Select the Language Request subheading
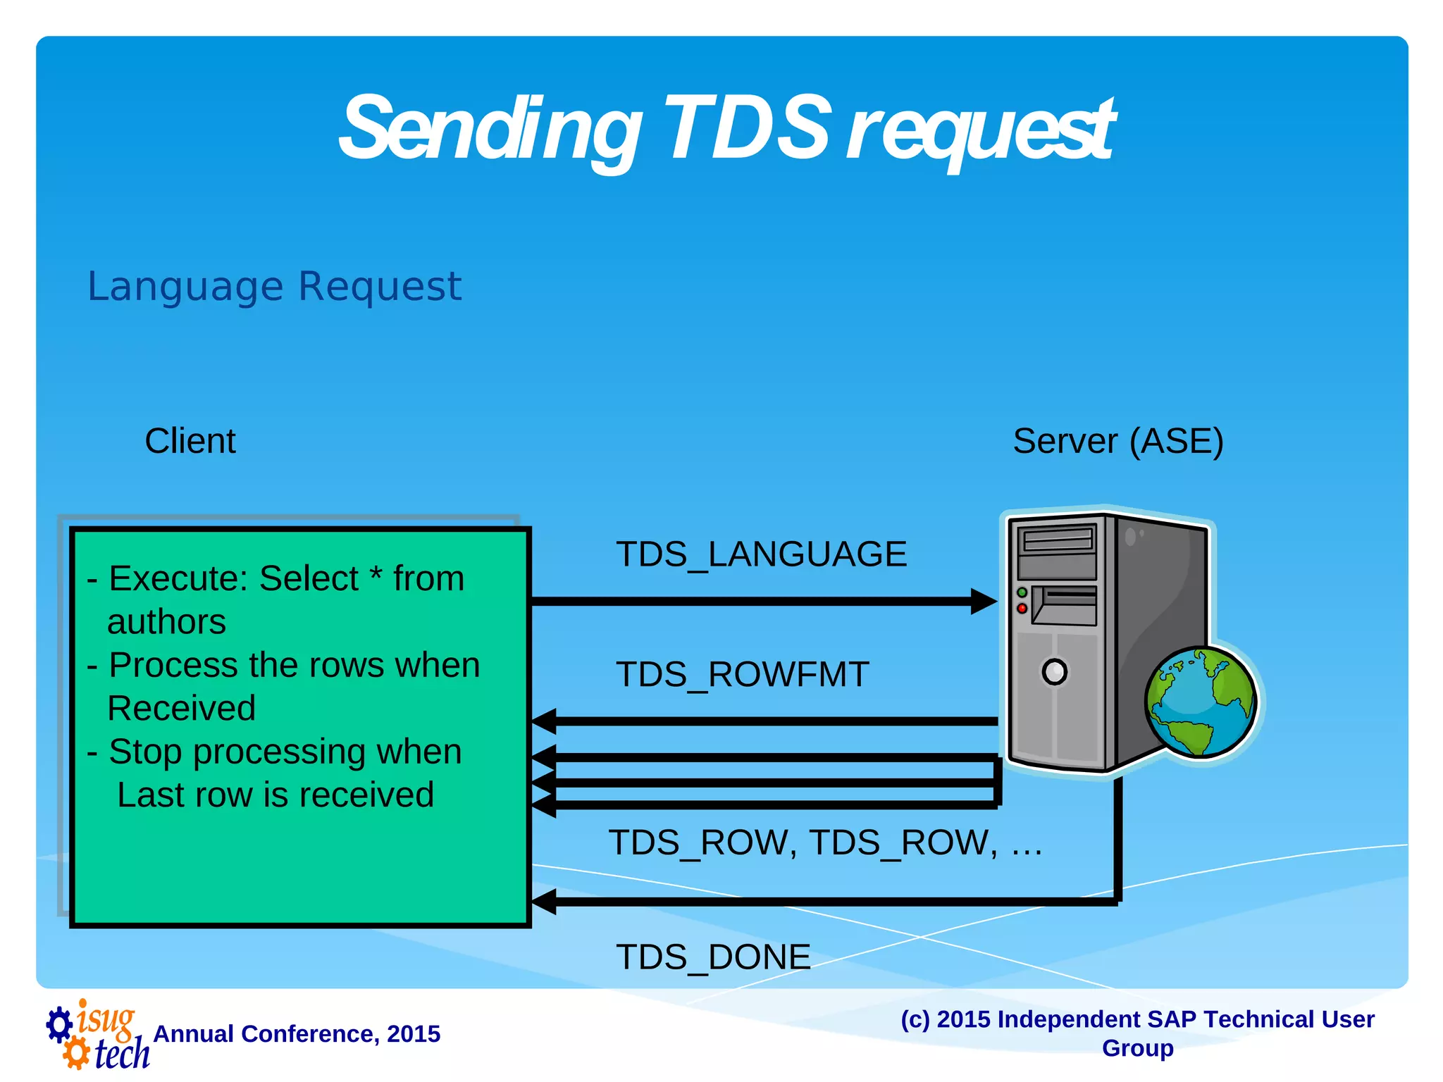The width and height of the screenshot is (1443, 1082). [274, 287]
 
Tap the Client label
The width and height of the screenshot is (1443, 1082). [190, 442]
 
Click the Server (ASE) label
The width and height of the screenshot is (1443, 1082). [1117, 442]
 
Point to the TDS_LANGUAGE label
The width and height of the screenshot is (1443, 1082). [761, 554]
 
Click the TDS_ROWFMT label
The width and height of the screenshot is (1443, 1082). [742, 675]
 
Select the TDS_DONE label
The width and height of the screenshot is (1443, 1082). [713, 957]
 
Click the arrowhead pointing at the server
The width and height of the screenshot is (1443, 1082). [983, 602]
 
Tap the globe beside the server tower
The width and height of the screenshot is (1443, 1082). [1200, 702]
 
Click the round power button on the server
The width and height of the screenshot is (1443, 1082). [1054, 671]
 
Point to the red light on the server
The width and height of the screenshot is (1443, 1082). [1022, 608]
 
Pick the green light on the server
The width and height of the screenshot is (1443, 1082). [1022, 592]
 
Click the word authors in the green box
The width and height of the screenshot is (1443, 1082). [166, 622]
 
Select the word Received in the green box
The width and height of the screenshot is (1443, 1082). [181, 709]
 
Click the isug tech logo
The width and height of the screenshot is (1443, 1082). [97, 1034]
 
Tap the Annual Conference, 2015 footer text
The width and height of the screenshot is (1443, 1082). [297, 1034]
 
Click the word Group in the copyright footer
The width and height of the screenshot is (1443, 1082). [1137, 1048]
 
